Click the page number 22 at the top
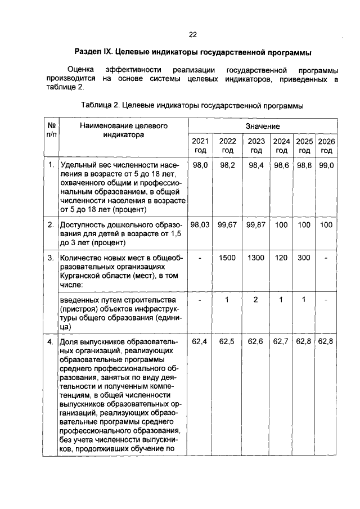(x=192, y=34)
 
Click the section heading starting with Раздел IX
(x=192, y=53)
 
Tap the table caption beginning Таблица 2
(x=192, y=105)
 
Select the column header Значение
(x=263, y=127)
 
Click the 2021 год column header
(x=200, y=146)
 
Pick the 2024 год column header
(x=282, y=146)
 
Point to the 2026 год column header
(x=327, y=146)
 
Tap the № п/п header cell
(x=51, y=130)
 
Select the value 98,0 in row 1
(x=200, y=165)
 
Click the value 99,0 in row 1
(x=327, y=165)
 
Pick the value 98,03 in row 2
(x=200, y=224)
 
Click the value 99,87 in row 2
(x=256, y=224)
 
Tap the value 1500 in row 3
(x=227, y=257)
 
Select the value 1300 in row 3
(x=256, y=257)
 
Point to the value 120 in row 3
(x=282, y=257)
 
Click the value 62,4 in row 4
(x=200, y=341)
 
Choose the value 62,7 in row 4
(x=282, y=341)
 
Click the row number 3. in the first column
(x=51, y=258)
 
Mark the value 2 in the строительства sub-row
(x=256, y=299)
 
